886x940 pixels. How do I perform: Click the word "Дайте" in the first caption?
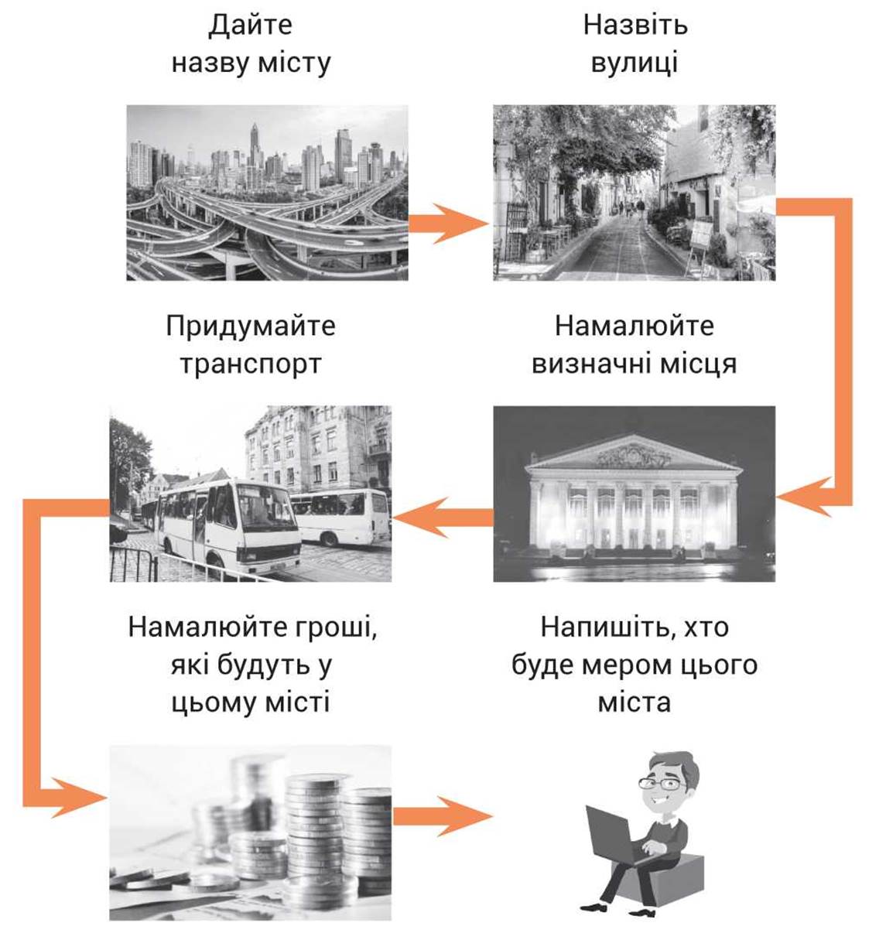point(251,26)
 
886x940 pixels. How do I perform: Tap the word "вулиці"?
point(634,63)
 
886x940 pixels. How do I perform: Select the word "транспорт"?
point(251,364)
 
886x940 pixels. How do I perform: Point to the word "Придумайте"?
point(251,326)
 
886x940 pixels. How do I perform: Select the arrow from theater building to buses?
point(443,518)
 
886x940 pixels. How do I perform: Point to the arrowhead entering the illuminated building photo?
point(804,497)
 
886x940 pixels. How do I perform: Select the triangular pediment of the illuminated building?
point(634,453)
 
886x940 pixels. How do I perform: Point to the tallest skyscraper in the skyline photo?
point(255,147)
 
